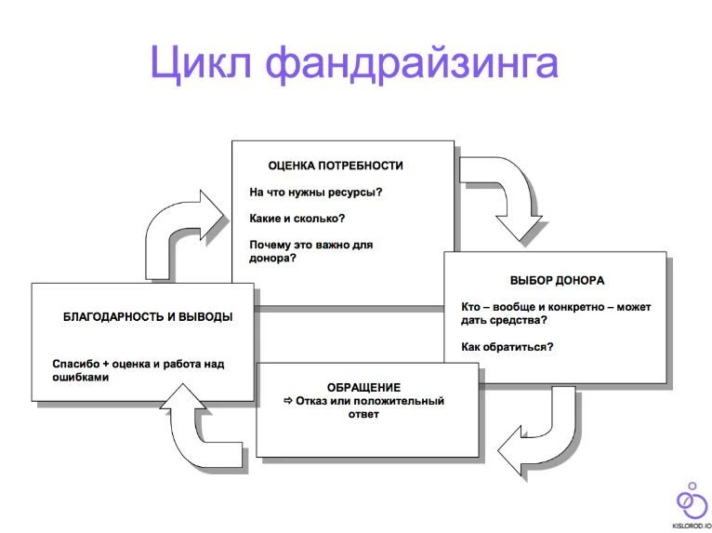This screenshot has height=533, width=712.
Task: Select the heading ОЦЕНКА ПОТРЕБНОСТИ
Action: click(336, 166)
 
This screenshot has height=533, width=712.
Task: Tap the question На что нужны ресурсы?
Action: click(315, 193)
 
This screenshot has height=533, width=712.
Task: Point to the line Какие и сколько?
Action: click(297, 219)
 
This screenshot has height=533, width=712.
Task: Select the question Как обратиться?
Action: click(508, 347)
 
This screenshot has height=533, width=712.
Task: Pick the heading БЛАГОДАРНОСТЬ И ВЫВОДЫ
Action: click(148, 316)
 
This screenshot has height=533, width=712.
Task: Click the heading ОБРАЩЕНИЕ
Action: click(363, 387)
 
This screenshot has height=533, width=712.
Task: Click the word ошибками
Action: click(81, 379)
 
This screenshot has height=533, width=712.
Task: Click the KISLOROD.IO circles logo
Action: click(689, 500)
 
